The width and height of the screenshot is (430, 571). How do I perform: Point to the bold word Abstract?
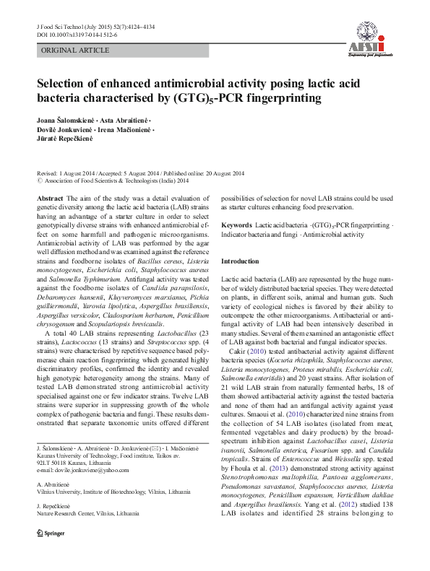(49, 198)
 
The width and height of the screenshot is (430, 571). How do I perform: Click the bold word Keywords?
(236, 226)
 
